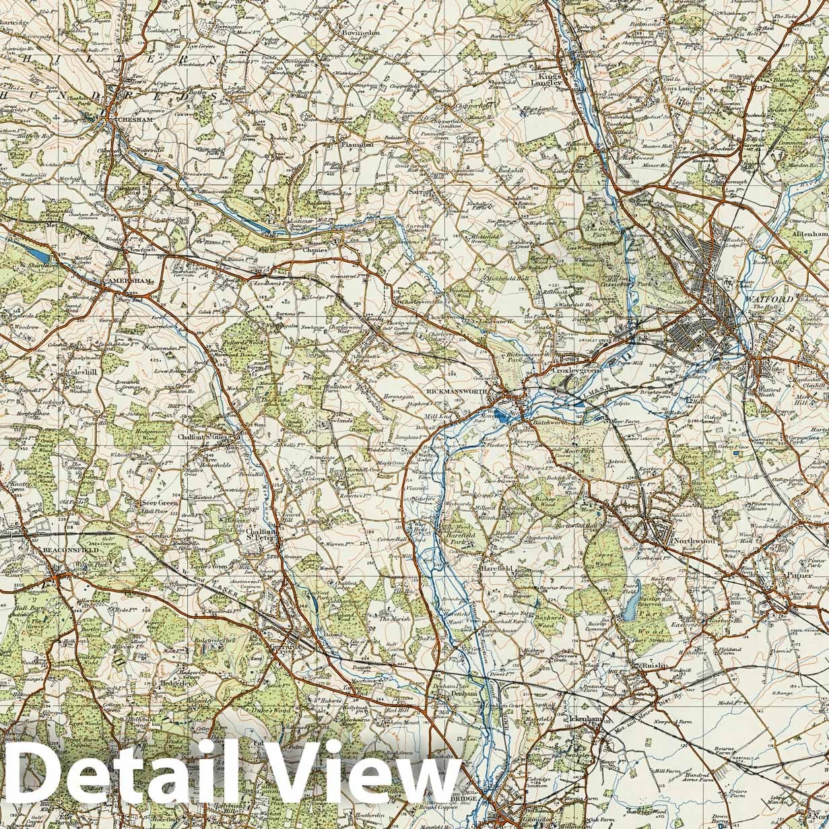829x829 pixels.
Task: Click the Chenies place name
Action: click(x=314, y=250)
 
